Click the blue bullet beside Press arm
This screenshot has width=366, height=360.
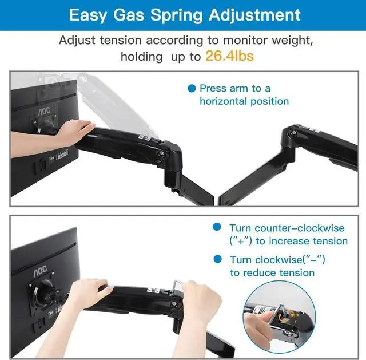pos(192,88)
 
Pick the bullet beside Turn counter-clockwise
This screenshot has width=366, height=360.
pos(217,227)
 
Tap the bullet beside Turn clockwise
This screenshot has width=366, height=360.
pos(217,259)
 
